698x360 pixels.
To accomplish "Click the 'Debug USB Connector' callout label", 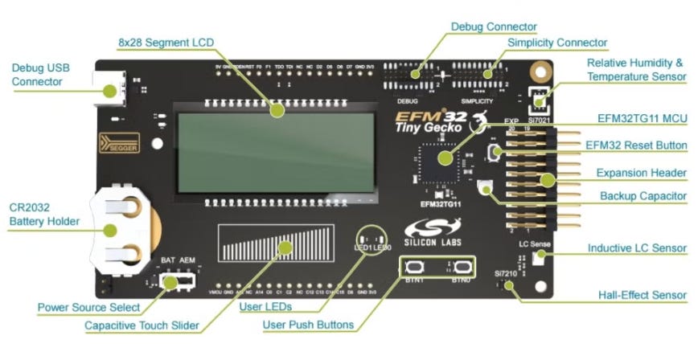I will pos(37,75).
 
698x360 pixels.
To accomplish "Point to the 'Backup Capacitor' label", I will pos(643,196).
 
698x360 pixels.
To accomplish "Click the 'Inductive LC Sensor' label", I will pos(637,248).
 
